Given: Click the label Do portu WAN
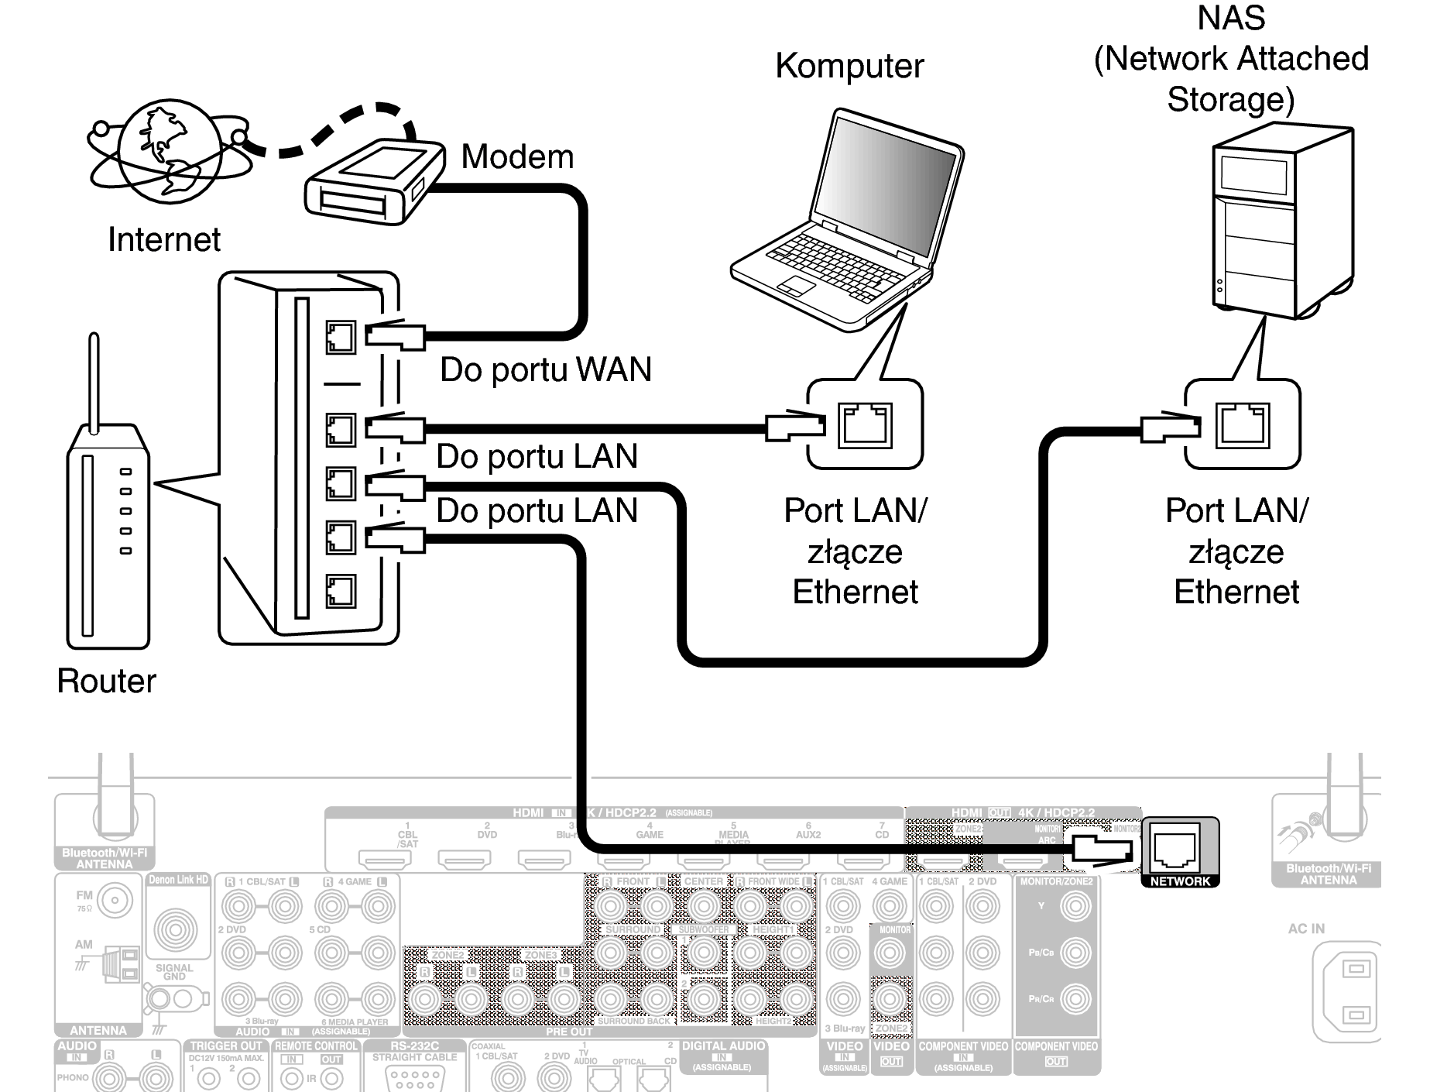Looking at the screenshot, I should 545,369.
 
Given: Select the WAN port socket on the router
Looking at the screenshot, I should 341,338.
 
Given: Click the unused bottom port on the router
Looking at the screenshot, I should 341,592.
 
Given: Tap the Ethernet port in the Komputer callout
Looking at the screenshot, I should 864,425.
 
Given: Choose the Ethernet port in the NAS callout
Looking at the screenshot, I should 1242,425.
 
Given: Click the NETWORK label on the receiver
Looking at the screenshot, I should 1179,881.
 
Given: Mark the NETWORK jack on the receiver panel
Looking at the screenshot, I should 1175,849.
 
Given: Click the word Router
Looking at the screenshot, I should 106,681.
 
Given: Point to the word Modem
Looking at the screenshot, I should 517,157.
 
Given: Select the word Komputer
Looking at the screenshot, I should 849,66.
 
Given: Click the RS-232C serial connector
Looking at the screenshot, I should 414,1077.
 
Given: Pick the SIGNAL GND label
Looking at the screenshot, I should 174,972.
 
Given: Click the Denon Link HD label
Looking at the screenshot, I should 178,880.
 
